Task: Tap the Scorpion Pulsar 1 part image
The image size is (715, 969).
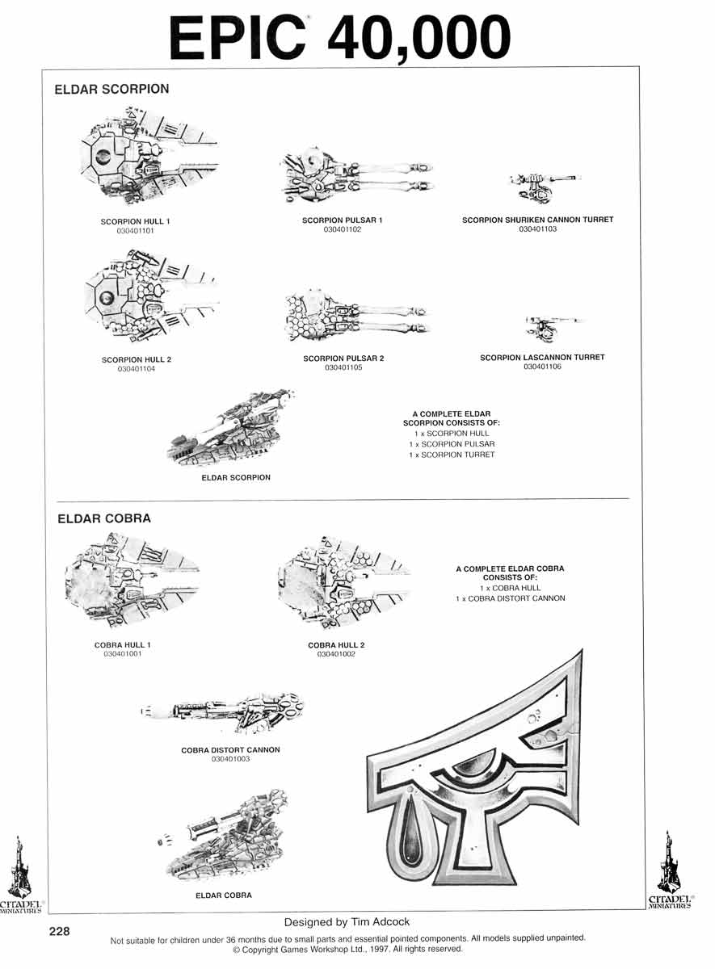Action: pos(356,176)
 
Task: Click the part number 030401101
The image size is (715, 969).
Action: pos(135,231)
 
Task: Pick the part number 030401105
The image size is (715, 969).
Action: pos(343,367)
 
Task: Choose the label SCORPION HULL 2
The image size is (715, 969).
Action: pos(137,359)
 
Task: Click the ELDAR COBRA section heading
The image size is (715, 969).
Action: pos(104,518)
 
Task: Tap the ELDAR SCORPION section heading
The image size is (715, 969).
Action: pos(111,89)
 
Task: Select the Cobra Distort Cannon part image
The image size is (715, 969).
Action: pos(222,712)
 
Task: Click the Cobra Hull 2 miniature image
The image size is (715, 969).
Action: pos(344,581)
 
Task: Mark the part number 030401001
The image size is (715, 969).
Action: pos(123,653)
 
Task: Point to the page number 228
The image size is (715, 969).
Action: pos(59,931)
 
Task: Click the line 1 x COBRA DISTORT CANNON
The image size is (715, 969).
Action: pos(511,598)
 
